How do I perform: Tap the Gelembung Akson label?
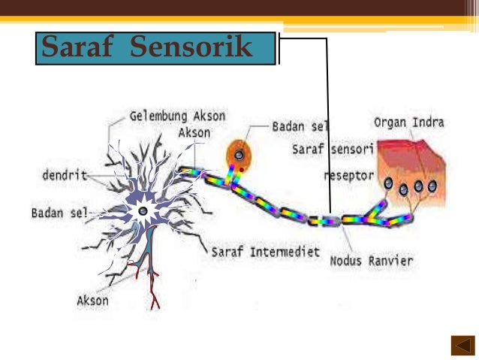(177, 117)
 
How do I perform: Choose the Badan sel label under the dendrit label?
(59, 213)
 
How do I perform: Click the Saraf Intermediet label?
(266, 251)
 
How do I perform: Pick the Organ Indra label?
(408, 123)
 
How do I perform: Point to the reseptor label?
(348, 176)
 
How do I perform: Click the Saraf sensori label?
(333, 150)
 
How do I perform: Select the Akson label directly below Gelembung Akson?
(194, 133)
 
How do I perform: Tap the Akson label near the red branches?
(92, 301)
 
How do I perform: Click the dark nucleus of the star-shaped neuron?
(143, 211)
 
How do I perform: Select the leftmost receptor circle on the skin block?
(388, 183)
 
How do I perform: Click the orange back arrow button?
(462, 345)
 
